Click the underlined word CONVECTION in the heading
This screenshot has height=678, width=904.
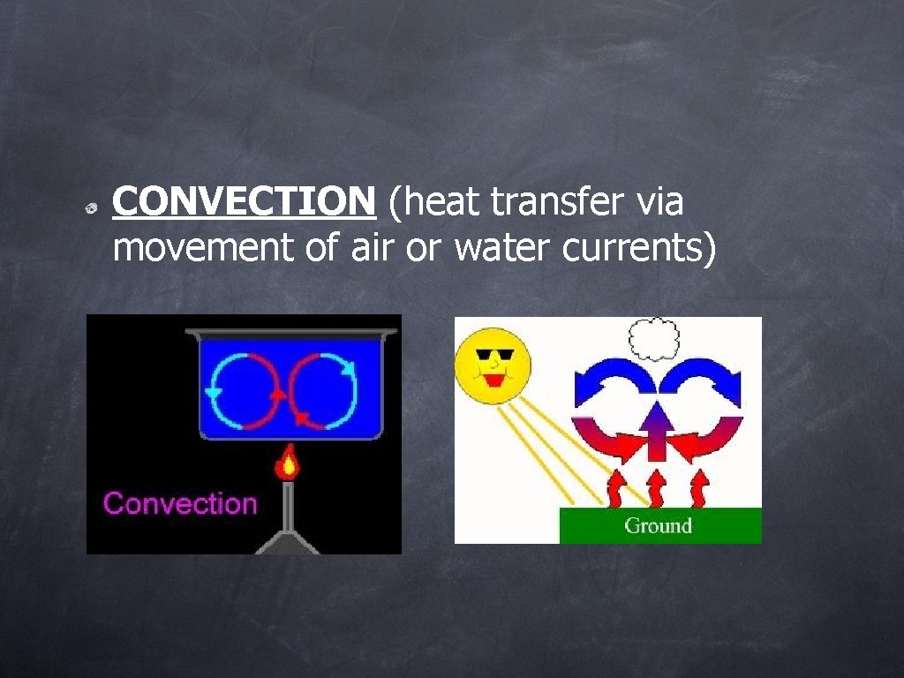point(244,203)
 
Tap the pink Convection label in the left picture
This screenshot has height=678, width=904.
point(180,503)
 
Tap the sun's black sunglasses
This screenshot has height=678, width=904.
point(493,357)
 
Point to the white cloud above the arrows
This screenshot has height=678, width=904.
point(653,338)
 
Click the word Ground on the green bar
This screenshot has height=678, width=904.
point(658,526)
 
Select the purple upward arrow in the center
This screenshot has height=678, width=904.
point(656,427)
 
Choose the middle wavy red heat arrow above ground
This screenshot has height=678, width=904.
point(656,488)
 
